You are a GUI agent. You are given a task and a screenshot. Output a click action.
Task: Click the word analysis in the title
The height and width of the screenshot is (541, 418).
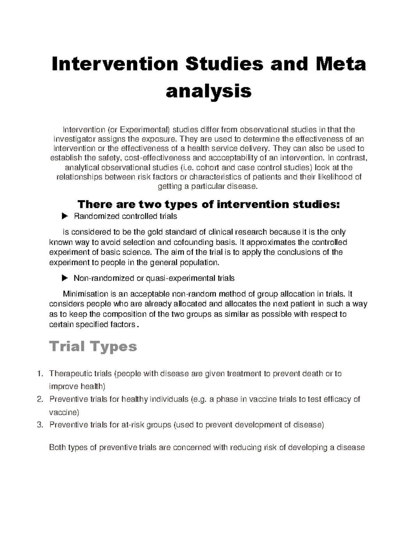[209, 91]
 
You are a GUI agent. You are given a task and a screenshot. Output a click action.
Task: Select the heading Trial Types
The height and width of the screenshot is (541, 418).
[93, 347]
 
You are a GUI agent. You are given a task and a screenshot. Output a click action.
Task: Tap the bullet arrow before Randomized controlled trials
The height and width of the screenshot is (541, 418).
[64, 217]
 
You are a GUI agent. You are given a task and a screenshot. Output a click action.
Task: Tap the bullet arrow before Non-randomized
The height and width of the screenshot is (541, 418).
[64, 278]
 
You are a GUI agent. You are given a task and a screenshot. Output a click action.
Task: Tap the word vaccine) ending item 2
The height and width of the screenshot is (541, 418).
[64, 412]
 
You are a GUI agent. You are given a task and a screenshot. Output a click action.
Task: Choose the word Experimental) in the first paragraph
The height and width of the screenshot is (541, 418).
[145, 130]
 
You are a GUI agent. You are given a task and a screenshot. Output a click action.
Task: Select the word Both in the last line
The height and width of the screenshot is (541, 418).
[57, 448]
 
